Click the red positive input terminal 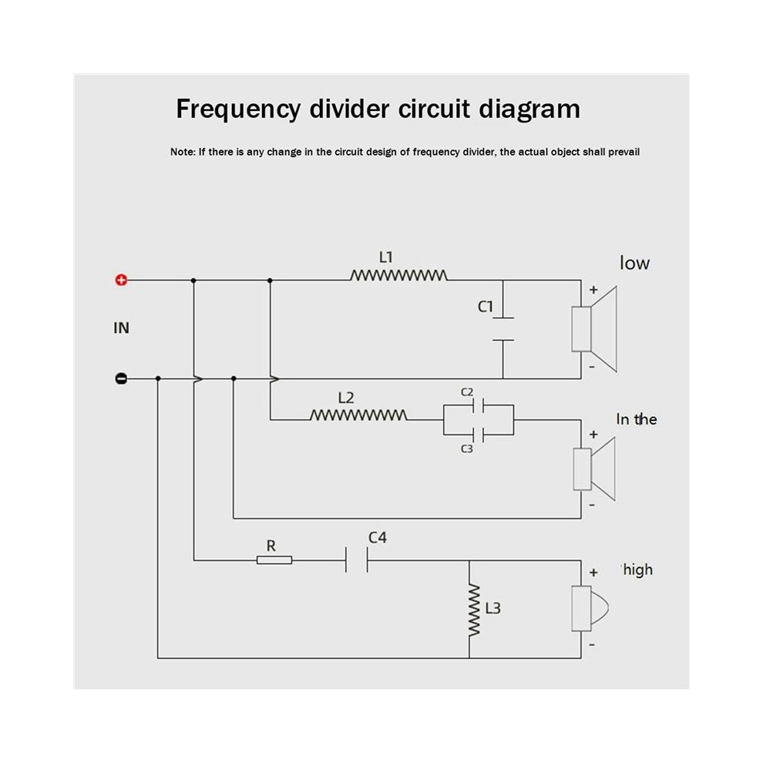121,280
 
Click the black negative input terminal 121,378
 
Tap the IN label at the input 122,328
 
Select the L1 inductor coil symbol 398,275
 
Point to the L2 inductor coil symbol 358,415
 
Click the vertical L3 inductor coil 473,610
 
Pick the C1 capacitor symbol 503,329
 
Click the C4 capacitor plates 357,560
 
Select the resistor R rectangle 274,560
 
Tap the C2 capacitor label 467,392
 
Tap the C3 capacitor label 467,449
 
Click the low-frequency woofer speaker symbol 594,329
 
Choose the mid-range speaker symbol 594,469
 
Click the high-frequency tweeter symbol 590,609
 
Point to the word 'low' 634,264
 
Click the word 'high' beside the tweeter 638,570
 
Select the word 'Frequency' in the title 238,109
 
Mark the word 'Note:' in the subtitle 183,152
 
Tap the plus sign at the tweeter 593,573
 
